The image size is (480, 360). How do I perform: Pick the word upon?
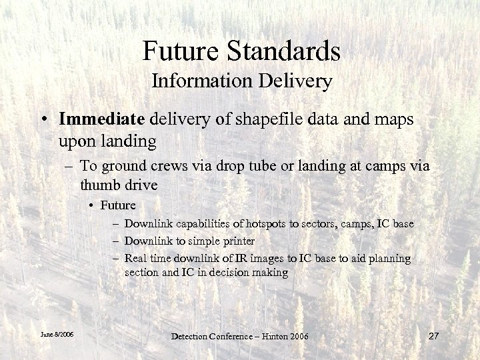77,142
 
